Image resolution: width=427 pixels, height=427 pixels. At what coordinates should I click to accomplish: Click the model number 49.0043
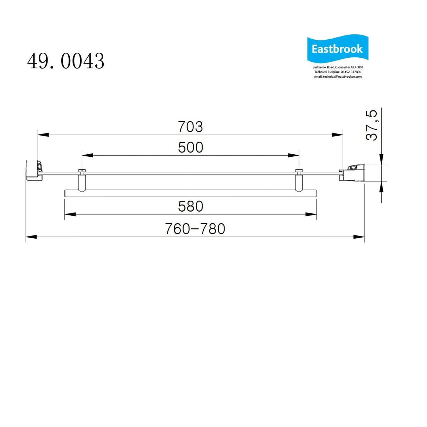pyautogui.click(x=66, y=61)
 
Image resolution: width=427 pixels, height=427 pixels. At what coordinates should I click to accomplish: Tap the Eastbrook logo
pyautogui.click(x=337, y=49)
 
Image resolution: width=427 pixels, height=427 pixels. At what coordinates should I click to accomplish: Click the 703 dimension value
pyautogui.click(x=190, y=127)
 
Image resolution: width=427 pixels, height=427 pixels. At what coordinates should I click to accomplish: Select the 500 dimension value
pyautogui.click(x=190, y=148)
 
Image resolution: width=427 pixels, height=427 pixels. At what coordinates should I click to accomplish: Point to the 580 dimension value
pyautogui.click(x=190, y=207)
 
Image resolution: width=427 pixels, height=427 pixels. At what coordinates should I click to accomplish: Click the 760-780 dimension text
pyautogui.click(x=195, y=229)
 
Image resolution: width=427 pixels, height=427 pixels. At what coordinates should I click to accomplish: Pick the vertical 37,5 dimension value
pyautogui.click(x=372, y=125)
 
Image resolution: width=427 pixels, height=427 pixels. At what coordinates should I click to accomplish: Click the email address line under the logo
pyautogui.click(x=338, y=77)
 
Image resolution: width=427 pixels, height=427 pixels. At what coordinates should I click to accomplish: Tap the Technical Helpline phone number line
pyautogui.click(x=338, y=72)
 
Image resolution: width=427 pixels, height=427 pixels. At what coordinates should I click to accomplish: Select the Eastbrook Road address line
pyautogui.click(x=338, y=67)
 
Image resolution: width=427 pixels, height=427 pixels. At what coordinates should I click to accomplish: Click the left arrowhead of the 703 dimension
pyautogui.click(x=43, y=135)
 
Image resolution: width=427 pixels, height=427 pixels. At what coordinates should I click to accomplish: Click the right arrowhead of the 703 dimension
pyautogui.click(x=338, y=135)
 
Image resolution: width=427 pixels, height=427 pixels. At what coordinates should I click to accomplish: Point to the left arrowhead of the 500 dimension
pyautogui.click(x=88, y=155)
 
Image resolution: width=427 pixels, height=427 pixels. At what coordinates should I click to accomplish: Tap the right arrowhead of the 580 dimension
pyautogui.click(x=311, y=214)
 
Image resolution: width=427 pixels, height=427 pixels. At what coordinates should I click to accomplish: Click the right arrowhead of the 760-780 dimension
pyautogui.click(x=359, y=237)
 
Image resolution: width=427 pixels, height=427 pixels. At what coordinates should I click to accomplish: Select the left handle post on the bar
pyautogui.click(x=82, y=181)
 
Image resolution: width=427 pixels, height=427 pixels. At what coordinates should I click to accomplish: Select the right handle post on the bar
pyautogui.click(x=299, y=181)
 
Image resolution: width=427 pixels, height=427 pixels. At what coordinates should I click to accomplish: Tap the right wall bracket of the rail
pyautogui.click(x=352, y=173)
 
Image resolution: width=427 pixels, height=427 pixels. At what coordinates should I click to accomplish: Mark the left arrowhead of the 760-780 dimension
pyautogui.click(x=31, y=237)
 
